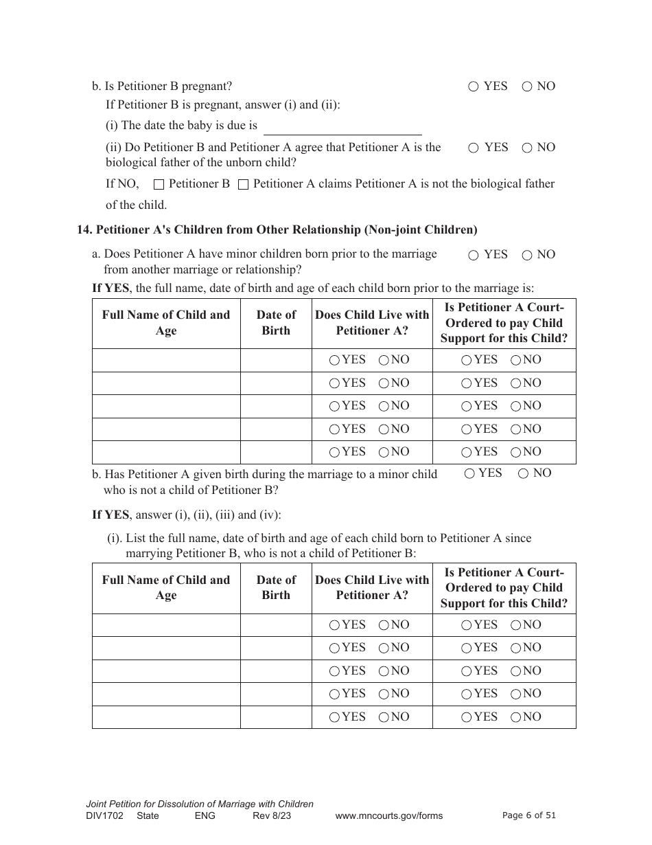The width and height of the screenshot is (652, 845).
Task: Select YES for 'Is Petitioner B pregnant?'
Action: tap(474, 87)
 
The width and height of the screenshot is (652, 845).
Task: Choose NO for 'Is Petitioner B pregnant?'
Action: tap(527, 87)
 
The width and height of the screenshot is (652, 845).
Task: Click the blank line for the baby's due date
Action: tap(342, 128)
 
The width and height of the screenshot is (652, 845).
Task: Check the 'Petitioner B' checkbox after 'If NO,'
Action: tap(159, 184)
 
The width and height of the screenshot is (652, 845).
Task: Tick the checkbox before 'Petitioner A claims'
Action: tap(243, 184)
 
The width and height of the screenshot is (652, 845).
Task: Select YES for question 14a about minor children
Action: tap(474, 256)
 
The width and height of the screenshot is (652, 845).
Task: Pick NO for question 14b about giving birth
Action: tap(523, 473)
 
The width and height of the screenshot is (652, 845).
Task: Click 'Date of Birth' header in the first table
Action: tap(276, 323)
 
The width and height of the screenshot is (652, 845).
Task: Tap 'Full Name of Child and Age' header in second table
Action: tap(166, 588)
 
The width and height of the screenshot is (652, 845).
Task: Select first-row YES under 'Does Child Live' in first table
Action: tap(334, 360)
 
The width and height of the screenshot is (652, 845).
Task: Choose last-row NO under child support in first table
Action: tap(515, 452)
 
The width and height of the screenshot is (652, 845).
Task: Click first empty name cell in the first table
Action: tap(166, 360)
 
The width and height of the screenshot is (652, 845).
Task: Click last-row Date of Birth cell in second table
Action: tap(276, 717)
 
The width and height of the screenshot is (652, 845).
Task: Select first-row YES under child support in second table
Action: tap(467, 625)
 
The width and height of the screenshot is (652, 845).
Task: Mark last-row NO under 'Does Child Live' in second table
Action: tap(384, 717)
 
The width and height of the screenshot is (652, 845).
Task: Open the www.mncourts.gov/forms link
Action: tap(388, 816)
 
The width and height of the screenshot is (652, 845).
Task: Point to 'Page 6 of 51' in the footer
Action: tap(528, 815)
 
